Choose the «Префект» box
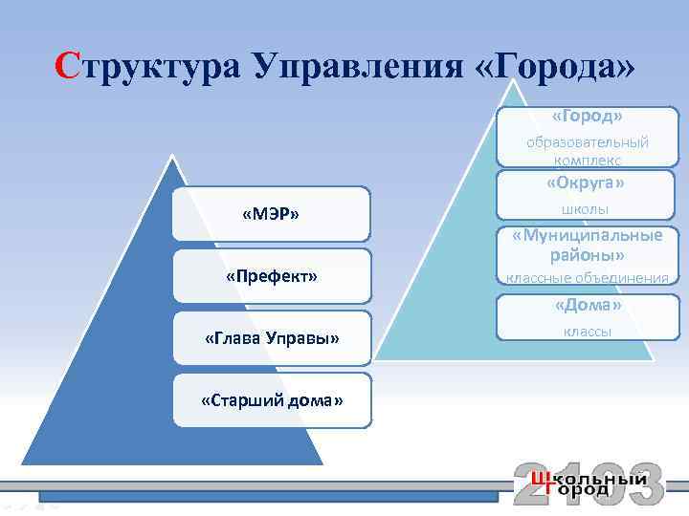tap(271, 276)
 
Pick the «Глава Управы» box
tap(272, 337)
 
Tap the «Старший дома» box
tap(272, 399)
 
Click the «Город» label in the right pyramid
tap(587, 116)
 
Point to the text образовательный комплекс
tap(588, 151)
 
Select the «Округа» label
tap(586, 183)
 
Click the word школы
tap(586, 209)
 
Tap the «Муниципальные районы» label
tap(587, 246)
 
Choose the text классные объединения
tap(587, 278)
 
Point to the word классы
tap(588, 332)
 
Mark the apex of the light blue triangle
tap(514, 79)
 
